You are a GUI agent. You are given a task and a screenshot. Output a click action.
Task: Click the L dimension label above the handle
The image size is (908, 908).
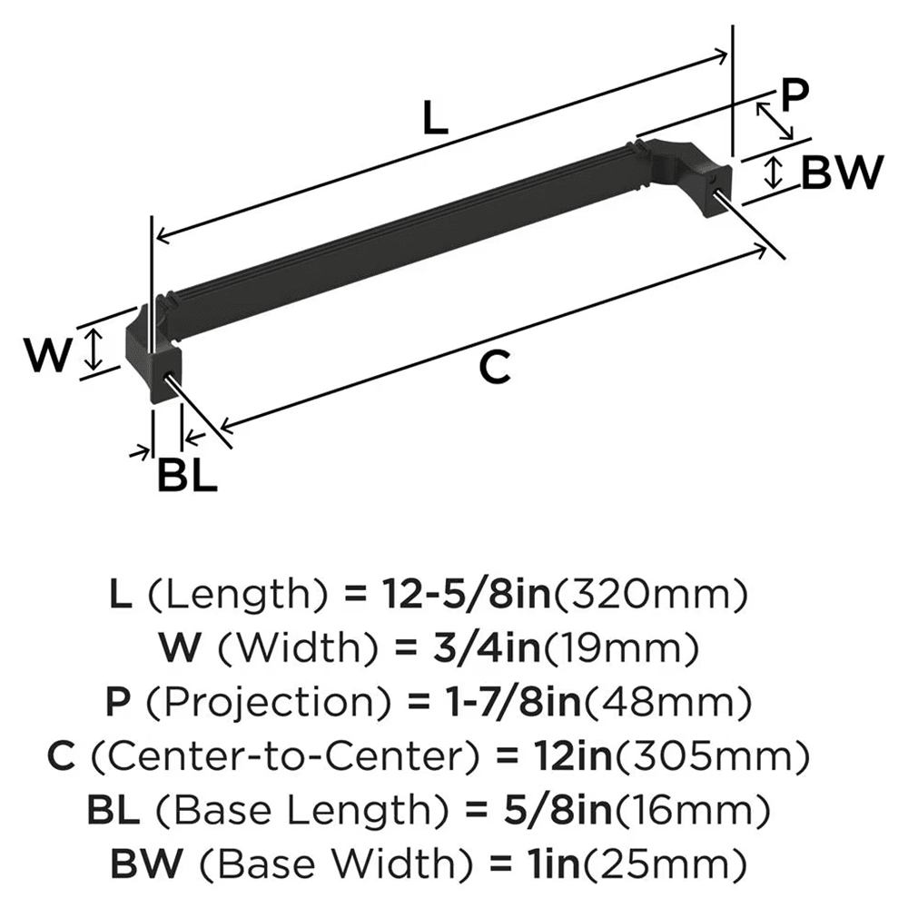point(437,119)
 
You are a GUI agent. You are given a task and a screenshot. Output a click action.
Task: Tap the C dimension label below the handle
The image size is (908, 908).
point(495,368)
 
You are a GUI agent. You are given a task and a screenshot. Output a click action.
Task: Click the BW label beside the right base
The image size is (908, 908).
point(842,173)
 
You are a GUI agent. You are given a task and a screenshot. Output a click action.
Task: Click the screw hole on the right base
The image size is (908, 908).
point(721,180)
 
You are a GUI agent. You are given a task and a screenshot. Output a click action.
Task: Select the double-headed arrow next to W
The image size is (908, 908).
point(91,351)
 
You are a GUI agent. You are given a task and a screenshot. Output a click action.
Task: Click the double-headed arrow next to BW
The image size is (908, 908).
point(773,172)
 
